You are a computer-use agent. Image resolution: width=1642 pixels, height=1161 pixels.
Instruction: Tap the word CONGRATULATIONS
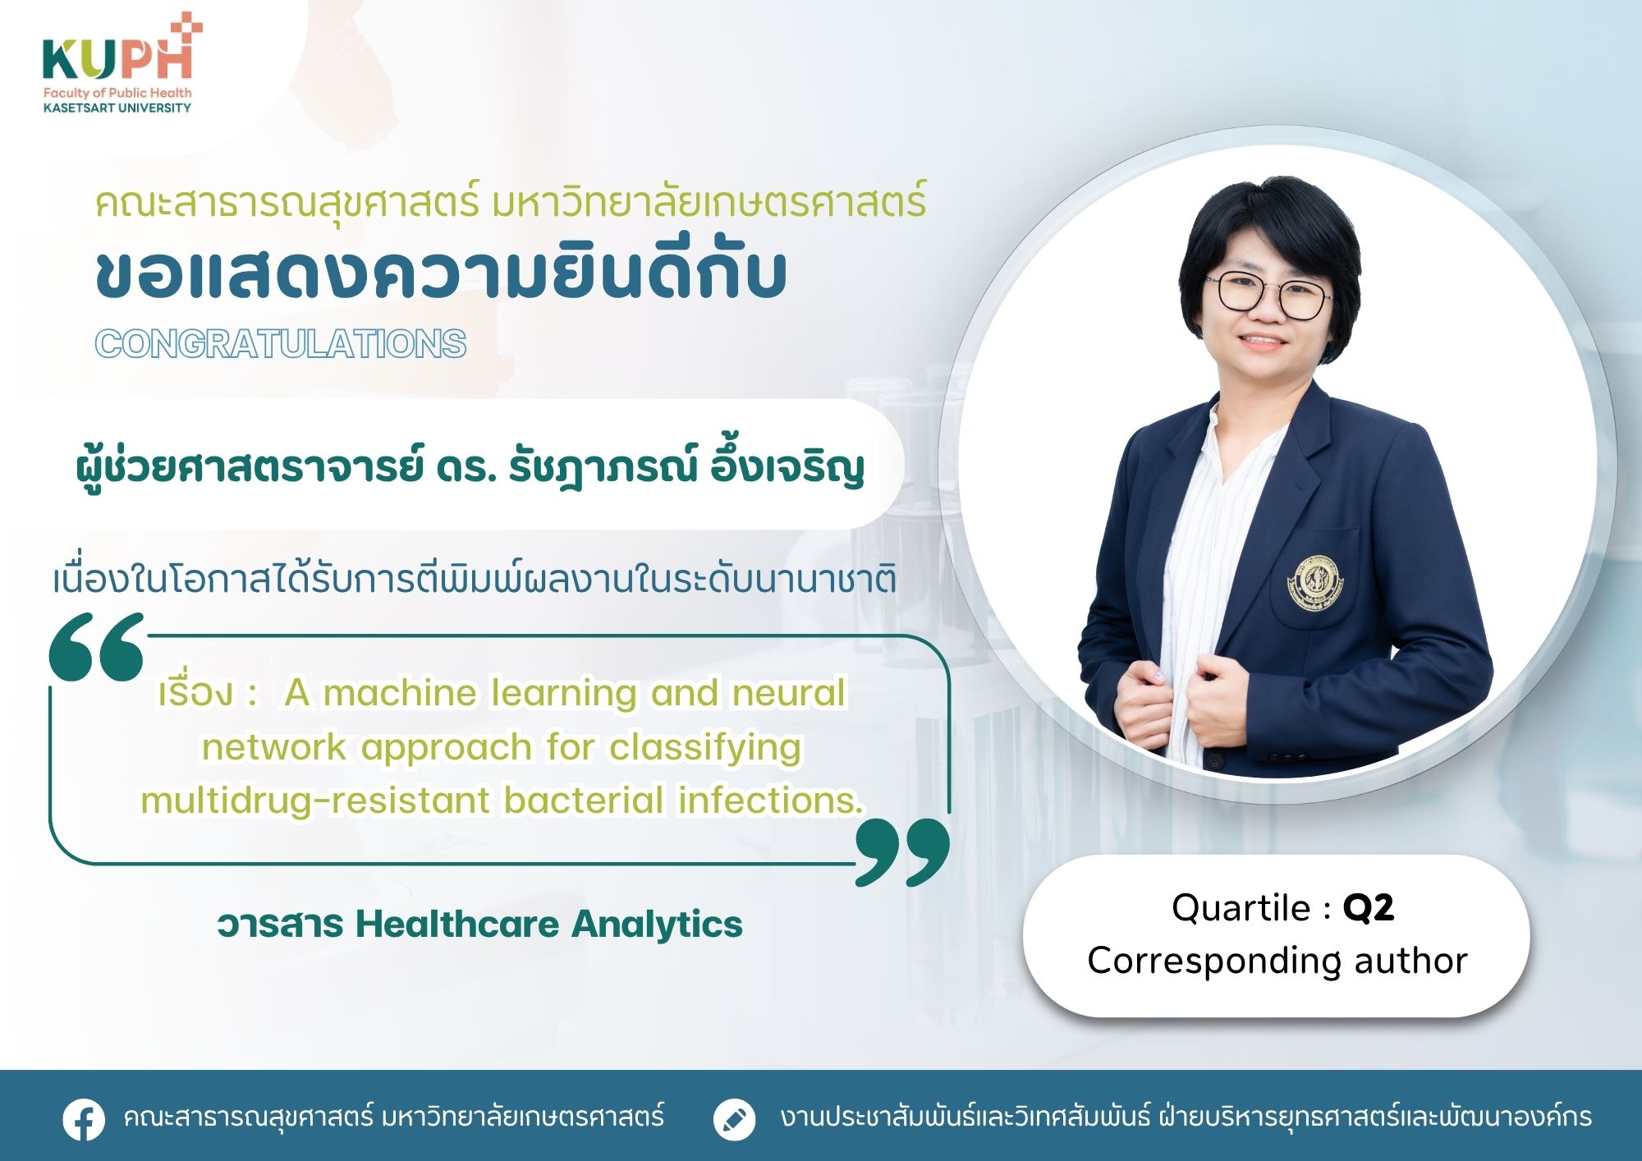tap(281, 344)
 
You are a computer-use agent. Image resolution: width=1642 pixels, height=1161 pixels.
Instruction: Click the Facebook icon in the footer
tap(84, 1118)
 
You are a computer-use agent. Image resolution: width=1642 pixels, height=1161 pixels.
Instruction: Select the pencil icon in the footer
tap(734, 1118)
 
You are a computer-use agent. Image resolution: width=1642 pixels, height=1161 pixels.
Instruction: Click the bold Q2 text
tap(1369, 908)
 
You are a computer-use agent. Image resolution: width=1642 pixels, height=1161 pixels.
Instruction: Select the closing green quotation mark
tap(902, 851)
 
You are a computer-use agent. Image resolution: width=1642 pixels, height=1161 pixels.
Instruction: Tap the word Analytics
tap(658, 925)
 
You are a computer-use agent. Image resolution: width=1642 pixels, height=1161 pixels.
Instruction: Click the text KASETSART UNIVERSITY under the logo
tap(117, 108)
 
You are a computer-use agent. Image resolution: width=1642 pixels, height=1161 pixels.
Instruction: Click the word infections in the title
tap(770, 801)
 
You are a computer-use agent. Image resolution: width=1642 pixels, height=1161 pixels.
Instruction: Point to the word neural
tap(789, 693)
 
